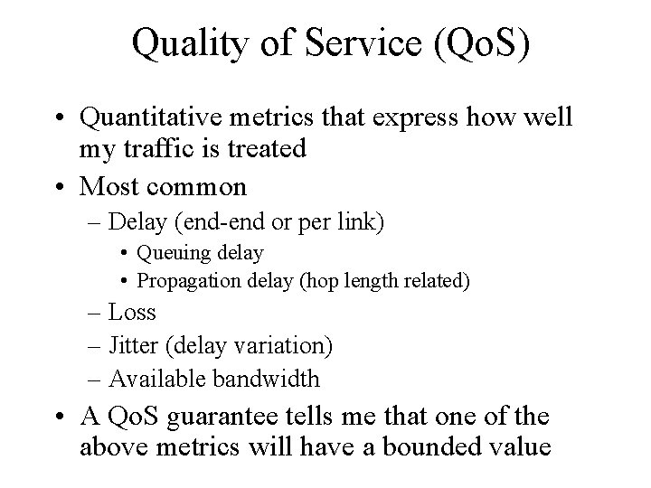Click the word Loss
pyautogui.click(x=132, y=313)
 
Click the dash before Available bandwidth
pyautogui.click(x=96, y=379)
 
